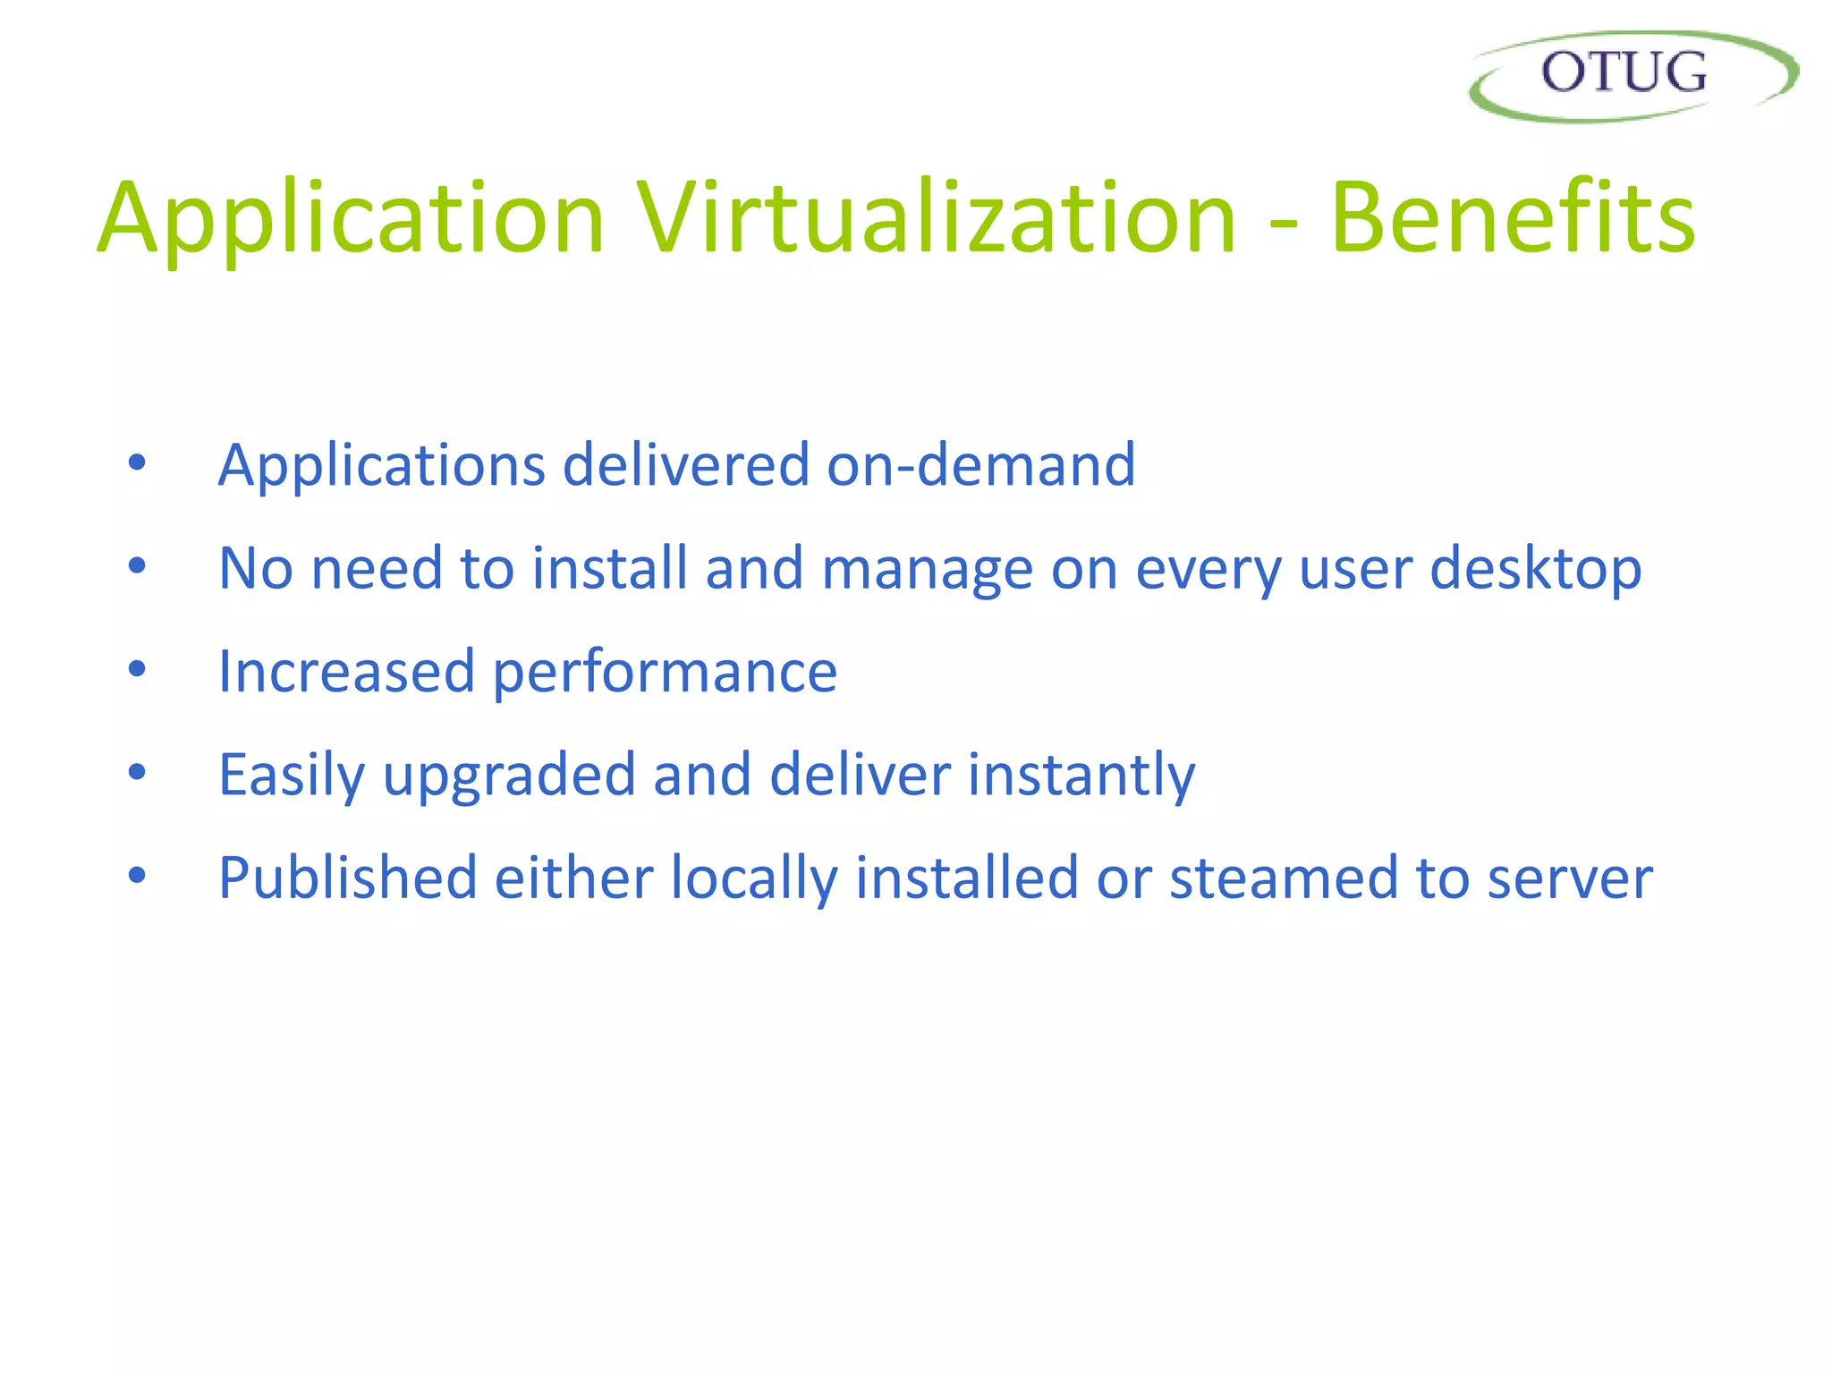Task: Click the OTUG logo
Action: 1632,75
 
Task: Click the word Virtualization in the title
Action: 936,219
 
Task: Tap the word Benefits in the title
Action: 1512,219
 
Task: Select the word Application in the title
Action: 351,219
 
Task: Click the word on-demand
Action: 980,465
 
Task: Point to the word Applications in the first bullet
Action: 382,465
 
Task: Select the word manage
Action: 927,569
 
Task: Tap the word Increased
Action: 346,671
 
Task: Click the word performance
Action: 665,673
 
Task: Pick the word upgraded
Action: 509,775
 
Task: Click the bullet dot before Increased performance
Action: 137,669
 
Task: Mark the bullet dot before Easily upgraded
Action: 137,772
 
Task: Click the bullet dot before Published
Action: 137,875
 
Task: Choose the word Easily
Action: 292,775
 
